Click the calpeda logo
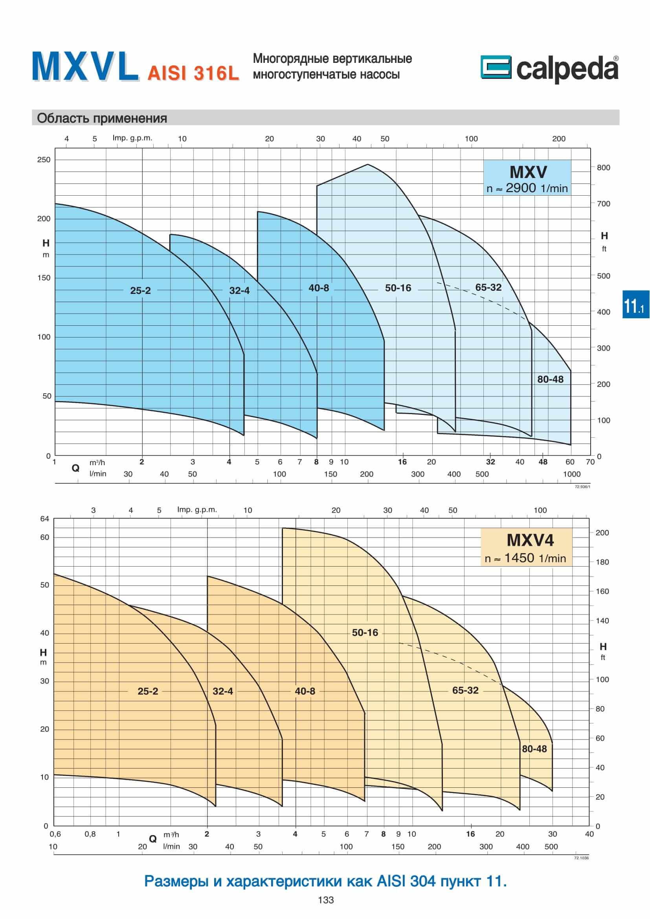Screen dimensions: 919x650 549,69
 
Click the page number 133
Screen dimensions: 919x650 325,900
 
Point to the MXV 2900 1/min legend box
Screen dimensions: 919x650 527,178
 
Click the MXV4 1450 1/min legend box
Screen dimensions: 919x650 526,547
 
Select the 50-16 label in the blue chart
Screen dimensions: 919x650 398,288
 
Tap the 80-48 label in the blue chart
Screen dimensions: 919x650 550,379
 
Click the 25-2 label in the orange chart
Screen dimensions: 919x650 148,691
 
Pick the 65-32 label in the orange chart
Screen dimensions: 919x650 465,690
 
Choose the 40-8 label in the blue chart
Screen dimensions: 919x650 319,288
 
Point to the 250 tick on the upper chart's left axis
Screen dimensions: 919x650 44,160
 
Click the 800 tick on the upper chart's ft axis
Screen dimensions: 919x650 604,168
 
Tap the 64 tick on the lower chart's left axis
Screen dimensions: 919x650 44,519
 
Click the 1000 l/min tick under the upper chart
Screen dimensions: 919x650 571,474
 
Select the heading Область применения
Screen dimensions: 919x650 102,118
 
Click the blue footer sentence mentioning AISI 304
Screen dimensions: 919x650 325,881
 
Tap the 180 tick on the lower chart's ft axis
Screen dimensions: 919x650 602,562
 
